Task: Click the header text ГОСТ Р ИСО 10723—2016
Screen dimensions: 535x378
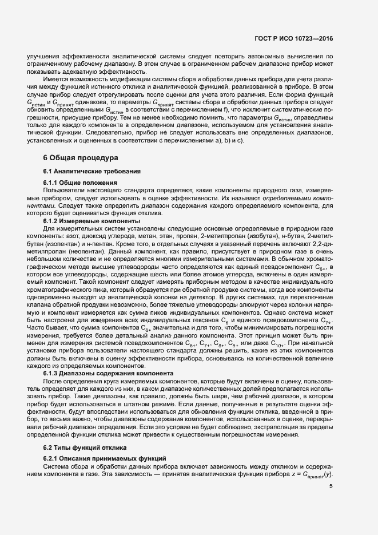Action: pos(293,39)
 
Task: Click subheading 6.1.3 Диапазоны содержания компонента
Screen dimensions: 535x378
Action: pos(105,374)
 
